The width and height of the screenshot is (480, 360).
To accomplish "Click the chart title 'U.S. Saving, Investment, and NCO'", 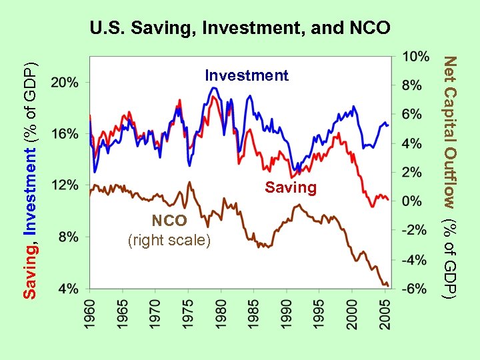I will pos(240,29).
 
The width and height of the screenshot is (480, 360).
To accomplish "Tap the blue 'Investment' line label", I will pos(247,75).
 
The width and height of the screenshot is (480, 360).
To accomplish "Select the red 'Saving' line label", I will pos(290,187).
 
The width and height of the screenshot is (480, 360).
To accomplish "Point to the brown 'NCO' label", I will pos(169,221).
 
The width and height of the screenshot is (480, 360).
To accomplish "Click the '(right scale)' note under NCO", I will pos(169,239).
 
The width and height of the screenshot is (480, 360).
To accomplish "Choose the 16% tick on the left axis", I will pos(65,133).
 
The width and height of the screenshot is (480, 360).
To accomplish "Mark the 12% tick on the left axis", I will pos(65,185).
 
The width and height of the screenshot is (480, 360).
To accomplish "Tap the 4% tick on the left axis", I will pos(68,288).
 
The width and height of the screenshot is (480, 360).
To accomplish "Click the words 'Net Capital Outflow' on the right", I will pos(451,133).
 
